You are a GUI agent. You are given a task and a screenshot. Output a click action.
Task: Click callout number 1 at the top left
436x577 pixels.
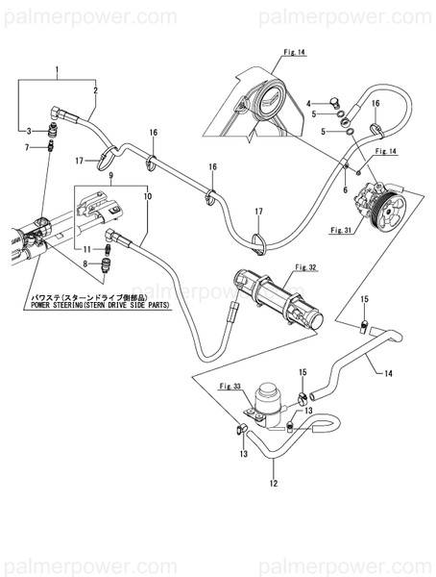click(x=57, y=71)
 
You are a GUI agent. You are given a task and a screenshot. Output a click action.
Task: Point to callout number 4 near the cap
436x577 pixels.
click(x=308, y=102)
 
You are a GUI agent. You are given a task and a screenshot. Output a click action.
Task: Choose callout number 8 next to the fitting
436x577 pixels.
click(x=84, y=263)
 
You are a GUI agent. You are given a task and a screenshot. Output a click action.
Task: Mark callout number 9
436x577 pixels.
click(x=109, y=176)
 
